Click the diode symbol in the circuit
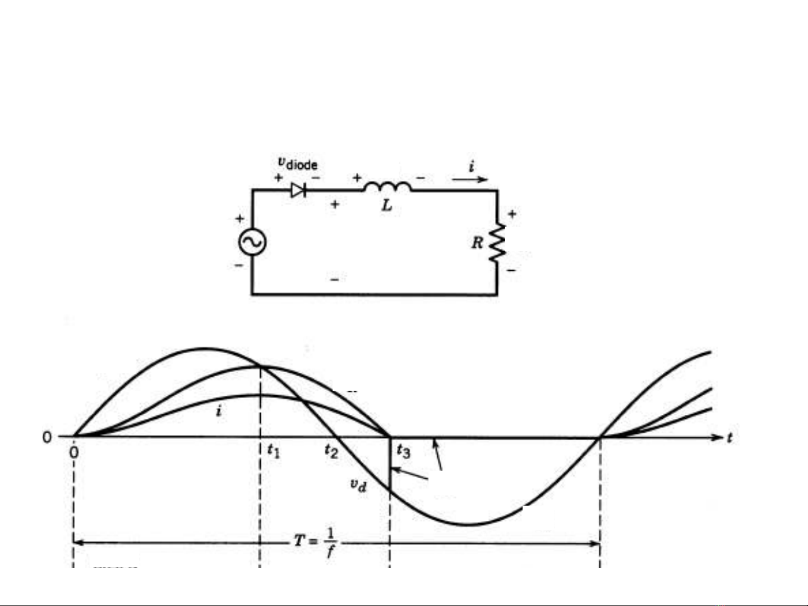(x=298, y=190)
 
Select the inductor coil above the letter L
(x=387, y=187)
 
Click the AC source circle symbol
(x=252, y=242)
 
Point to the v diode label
(x=297, y=163)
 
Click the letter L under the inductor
(x=386, y=206)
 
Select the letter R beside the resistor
(x=477, y=243)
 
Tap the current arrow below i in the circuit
(x=470, y=179)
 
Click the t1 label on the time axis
(x=274, y=451)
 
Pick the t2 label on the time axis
(x=331, y=451)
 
